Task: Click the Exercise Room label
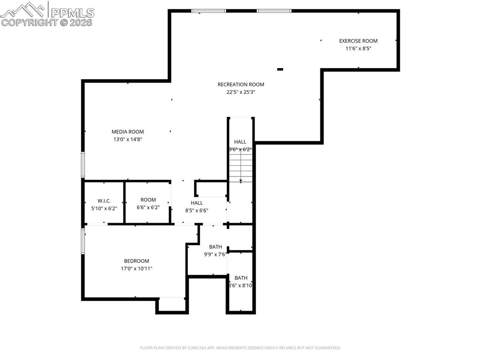pos(358,41)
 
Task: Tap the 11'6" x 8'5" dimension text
pos(358,48)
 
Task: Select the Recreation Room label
pos(240,84)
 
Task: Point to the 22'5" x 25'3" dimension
pos(240,92)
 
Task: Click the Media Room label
pos(127,132)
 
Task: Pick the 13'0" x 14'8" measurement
pos(127,139)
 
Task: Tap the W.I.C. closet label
pos(104,201)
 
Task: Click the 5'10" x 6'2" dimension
pos(104,208)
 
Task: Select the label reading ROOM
pos(148,200)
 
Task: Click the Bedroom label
pos(136,261)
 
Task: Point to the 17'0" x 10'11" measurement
pos(136,268)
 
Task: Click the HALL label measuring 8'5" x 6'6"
pos(196,203)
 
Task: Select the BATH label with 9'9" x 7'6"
pos(215,247)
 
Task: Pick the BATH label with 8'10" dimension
pos(241,278)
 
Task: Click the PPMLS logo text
pos(72,12)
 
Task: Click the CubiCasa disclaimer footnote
pos(240,348)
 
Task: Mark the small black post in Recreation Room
pos(280,69)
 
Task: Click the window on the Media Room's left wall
pos(83,165)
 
